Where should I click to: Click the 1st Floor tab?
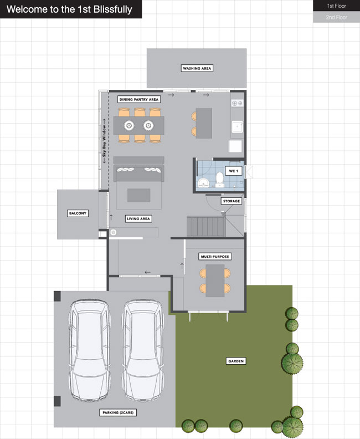coord(337,6)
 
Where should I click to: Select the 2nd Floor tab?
coord(337,17)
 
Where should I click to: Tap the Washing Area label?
coord(197,68)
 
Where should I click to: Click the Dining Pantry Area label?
coord(139,99)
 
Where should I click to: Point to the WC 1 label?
coord(233,171)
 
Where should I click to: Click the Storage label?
coord(232,201)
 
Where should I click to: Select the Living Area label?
coord(138,218)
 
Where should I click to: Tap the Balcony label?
coord(78,213)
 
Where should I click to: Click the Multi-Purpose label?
coord(215,257)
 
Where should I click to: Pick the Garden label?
coord(236,361)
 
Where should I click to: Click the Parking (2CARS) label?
coord(118,412)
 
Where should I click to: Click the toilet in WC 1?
coord(220,180)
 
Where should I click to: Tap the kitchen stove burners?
coord(237,103)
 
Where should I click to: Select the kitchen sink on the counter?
coord(237,126)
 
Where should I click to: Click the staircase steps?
coord(206,226)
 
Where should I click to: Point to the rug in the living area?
coord(139,196)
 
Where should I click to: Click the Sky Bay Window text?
coord(104,141)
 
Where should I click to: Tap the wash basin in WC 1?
coord(203,183)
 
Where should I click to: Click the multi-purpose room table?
coord(215,280)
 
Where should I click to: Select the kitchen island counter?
coord(204,123)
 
